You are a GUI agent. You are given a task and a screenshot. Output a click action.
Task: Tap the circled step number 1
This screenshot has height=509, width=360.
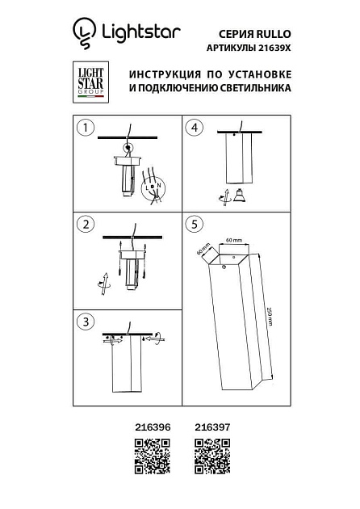[85, 128]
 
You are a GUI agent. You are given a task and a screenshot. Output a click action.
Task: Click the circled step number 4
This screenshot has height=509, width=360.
[194, 128]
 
